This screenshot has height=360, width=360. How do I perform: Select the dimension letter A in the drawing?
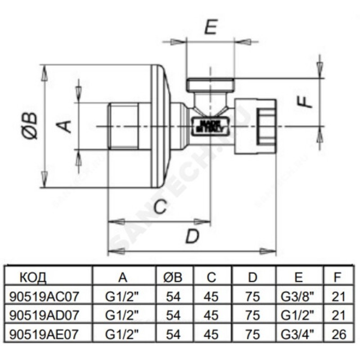66,126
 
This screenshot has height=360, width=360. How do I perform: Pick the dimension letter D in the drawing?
192,236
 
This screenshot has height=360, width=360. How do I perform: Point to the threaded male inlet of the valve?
125,127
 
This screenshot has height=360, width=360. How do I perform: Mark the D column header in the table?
253,277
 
